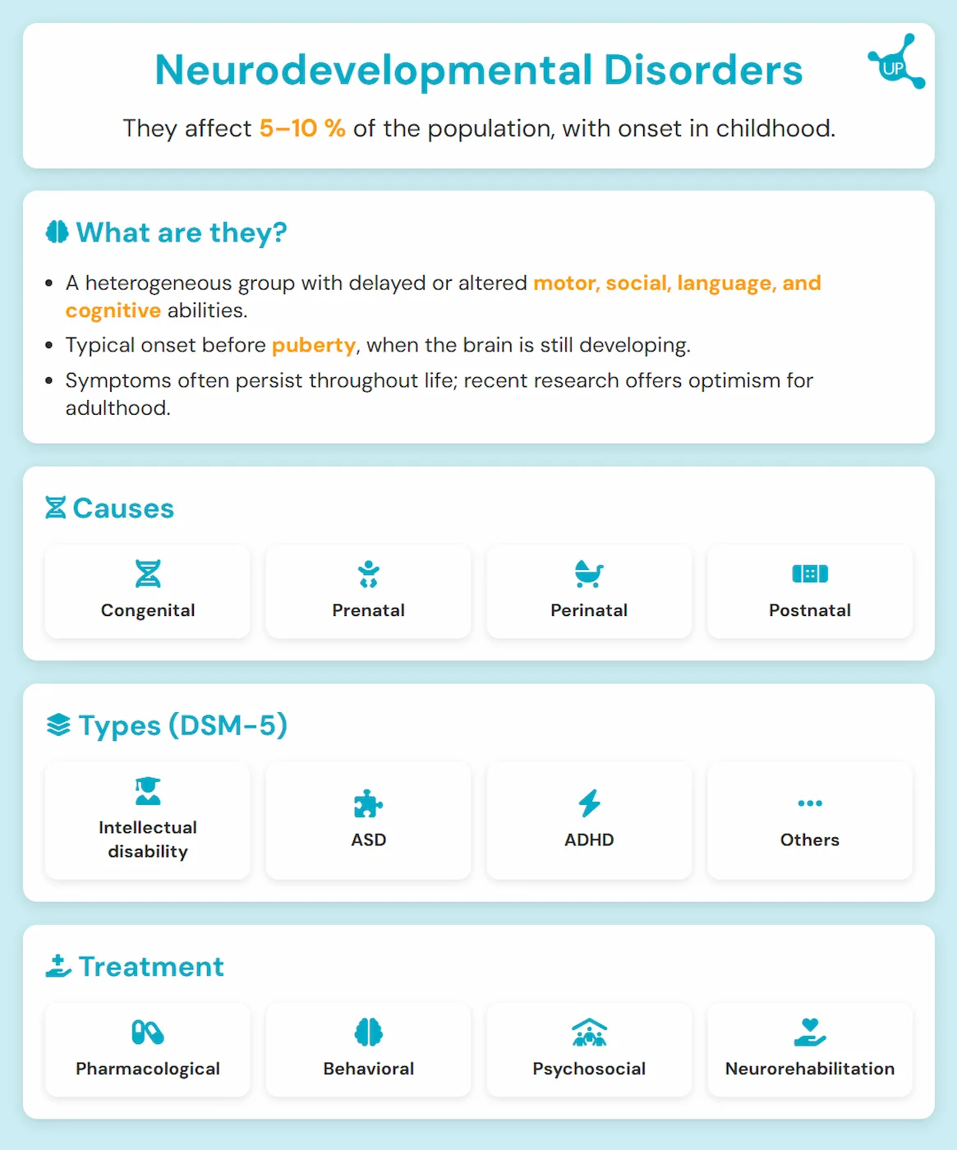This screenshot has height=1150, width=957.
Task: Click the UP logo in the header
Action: click(x=895, y=62)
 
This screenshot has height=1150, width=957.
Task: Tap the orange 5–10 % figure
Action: click(x=302, y=128)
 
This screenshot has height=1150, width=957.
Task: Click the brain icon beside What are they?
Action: click(x=57, y=232)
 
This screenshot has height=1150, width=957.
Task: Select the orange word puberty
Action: click(x=314, y=345)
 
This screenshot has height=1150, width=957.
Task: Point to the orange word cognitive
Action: click(x=113, y=310)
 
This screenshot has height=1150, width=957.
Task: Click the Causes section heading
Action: click(x=123, y=508)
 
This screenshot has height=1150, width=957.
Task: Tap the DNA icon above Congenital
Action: click(x=148, y=573)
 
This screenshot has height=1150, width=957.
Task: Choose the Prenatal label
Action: click(x=368, y=610)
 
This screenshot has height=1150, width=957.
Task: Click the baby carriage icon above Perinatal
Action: click(x=589, y=573)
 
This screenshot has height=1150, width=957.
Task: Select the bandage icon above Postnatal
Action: click(x=809, y=573)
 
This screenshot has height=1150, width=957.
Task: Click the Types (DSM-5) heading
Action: click(x=182, y=725)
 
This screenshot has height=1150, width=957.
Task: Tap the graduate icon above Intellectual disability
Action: click(x=148, y=791)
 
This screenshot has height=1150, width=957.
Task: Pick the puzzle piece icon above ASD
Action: click(x=368, y=803)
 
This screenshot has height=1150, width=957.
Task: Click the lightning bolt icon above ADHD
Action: click(x=589, y=803)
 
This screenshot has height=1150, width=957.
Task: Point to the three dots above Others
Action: click(x=809, y=803)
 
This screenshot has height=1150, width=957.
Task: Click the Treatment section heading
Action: click(x=151, y=967)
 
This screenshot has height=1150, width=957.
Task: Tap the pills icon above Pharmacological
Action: click(x=148, y=1032)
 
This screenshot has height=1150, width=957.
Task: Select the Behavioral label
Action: click(x=368, y=1069)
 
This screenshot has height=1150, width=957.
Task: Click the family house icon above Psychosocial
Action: click(x=589, y=1033)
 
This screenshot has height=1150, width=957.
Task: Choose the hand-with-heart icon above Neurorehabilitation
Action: click(x=809, y=1032)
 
